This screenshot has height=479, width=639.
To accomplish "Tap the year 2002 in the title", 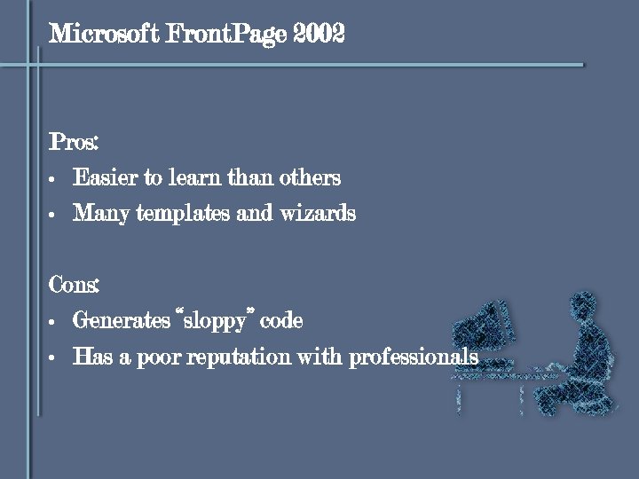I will pyautogui.click(x=320, y=35).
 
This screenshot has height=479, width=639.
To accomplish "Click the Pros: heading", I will pyautogui.click(x=74, y=142).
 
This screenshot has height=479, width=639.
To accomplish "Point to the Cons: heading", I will pyautogui.click(x=74, y=285).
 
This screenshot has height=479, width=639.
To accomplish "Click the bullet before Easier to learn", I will pyautogui.click(x=53, y=180).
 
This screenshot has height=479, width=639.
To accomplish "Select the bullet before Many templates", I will pyautogui.click(x=53, y=216).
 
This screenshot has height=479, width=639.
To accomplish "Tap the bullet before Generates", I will pyautogui.click(x=53, y=322).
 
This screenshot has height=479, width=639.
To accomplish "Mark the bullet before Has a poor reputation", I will pyautogui.click(x=53, y=358).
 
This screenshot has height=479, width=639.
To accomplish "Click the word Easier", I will pyautogui.click(x=105, y=177).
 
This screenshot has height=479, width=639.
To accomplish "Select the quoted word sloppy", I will pyautogui.click(x=214, y=320).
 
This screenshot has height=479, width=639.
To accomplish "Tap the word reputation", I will pyautogui.click(x=238, y=357).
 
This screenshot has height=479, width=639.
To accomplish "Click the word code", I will pyautogui.click(x=282, y=320).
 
